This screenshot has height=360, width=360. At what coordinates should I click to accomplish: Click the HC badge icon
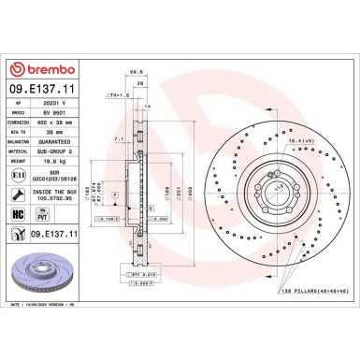click(20, 213)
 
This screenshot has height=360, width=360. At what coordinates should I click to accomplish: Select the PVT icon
click(44, 213)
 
